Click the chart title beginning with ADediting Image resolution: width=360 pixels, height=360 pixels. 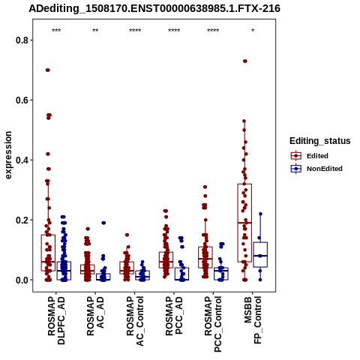pos(154,9)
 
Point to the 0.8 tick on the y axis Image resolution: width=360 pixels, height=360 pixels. pos(21,40)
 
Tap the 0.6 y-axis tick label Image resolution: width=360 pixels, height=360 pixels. pos(21,100)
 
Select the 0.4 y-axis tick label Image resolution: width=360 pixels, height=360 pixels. pos(21,160)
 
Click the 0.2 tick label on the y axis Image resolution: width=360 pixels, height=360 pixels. pos(21,220)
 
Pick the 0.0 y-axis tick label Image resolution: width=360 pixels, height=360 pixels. pos(21,280)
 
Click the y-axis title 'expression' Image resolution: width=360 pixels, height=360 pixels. pos(8,155)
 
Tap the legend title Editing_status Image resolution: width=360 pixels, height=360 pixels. pos(320,141)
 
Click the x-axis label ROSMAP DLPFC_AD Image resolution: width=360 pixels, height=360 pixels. pos(56,320)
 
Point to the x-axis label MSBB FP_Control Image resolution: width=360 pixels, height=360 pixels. pos(253,320)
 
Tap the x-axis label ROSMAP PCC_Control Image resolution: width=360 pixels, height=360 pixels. pos(213,324)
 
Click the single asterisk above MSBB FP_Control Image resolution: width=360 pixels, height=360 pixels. pos(253,31)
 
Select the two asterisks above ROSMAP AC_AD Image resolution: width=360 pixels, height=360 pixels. pos(95,31)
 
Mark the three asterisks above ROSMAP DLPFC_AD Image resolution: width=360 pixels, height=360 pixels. pos(56,31)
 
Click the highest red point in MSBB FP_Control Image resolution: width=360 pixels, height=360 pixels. pos(245,61)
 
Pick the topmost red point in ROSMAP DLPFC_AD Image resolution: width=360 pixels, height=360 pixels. pos(47,70)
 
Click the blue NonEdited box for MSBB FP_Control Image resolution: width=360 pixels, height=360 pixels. pos(260,255)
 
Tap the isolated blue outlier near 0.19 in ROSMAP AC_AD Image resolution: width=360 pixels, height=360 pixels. pos(103,223)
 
